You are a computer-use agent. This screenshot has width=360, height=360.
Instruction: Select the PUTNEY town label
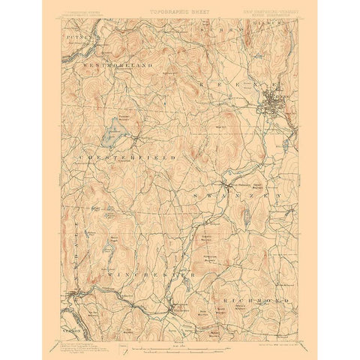pos(71,34)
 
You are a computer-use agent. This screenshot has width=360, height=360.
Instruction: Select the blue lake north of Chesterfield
pos(112,132)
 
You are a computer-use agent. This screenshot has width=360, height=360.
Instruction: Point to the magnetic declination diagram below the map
pos(122,346)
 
